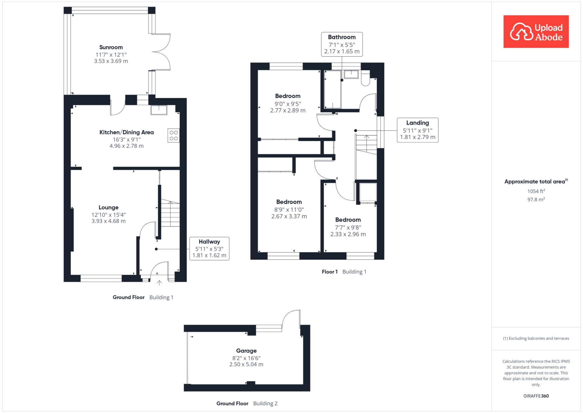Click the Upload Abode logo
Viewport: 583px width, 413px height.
(x=536, y=31)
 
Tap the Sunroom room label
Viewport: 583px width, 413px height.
(x=111, y=47)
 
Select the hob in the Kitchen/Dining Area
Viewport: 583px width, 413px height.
(x=173, y=135)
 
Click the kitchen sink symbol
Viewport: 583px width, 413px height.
(x=159, y=110)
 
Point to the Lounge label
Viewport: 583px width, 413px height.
(x=108, y=207)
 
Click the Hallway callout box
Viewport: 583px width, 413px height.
(x=209, y=248)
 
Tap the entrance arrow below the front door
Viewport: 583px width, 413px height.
(x=159, y=282)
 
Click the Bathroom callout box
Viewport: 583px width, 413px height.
(x=342, y=44)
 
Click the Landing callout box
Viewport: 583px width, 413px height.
(x=418, y=130)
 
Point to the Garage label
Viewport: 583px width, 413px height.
(x=246, y=351)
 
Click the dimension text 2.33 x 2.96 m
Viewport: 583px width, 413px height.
(x=348, y=234)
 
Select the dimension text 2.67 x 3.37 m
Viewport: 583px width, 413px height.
(x=289, y=216)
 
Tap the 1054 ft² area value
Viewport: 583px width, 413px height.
(x=536, y=191)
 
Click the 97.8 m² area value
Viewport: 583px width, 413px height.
(x=536, y=200)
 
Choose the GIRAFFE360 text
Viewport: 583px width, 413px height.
(x=536, y=396)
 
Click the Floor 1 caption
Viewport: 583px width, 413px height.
(x=330, y=272)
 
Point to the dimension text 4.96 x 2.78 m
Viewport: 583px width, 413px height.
(x=126, y=146)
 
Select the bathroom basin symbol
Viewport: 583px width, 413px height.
(x=351, y=74)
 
